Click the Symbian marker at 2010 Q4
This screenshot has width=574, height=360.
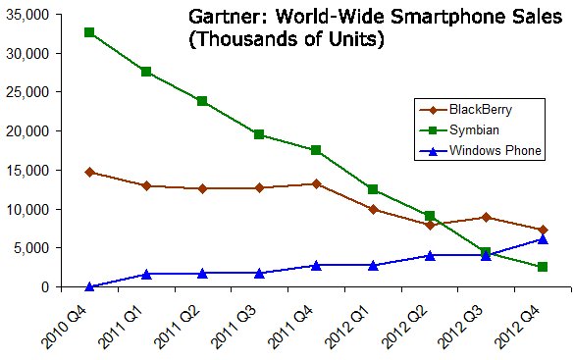click(89, 32)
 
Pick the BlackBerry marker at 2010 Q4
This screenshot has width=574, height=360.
click(89, 172)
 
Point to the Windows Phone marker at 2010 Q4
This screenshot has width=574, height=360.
click(89, 286)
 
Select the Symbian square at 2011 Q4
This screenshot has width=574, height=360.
click(315, 150)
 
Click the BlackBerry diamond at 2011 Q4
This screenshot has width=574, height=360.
click(315, 183)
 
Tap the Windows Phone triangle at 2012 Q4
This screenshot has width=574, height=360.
click(542, 238)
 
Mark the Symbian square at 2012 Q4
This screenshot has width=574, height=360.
click(542, 267)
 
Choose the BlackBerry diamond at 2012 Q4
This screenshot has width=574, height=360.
click(542, 230)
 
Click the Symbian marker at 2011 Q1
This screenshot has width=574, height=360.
click(146, 72)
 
